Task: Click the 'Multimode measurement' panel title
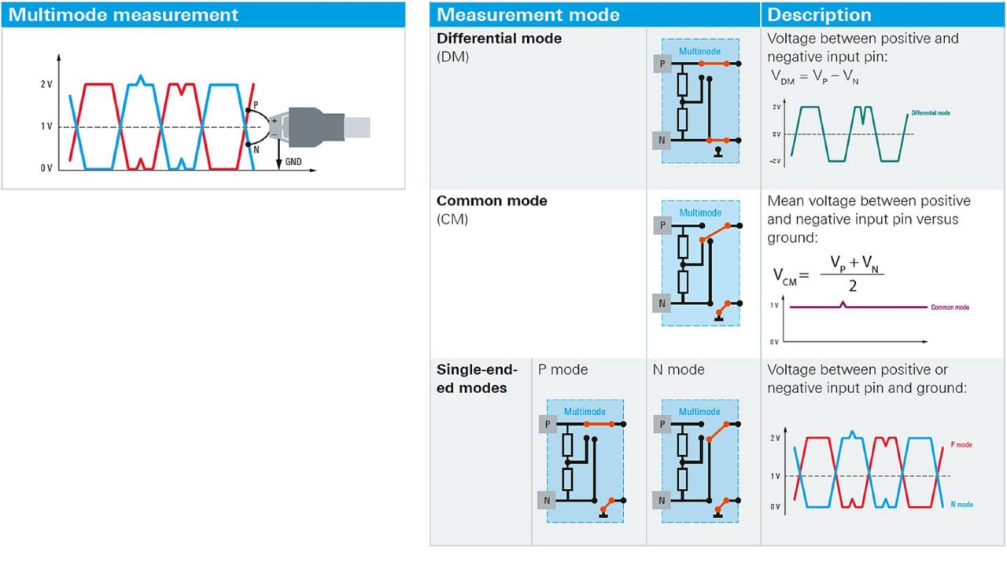click(x=123, y=15)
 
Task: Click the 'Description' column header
click(x=819, y=15)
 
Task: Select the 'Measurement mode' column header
click(x=528, y=15)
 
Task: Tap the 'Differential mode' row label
click(x=499, y=39)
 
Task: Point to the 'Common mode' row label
click(x=492, y=200)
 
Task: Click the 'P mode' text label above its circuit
click(x=563, y=369)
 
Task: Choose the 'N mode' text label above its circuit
click(x=678, y=369)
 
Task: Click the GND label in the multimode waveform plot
click(x=293, y=162)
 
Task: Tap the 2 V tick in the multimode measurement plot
click(x=46, y=84)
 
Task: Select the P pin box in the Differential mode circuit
click(x=662, y=64)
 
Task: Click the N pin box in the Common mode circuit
click(x=662, y=303)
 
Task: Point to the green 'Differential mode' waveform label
click(x=931, y=112)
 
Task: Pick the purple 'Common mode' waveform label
click(x=950, y=307)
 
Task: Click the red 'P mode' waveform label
click(x=961, y=445)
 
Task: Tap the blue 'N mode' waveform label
click(x=962, y=505)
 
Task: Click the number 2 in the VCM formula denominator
click(x=852, y=285)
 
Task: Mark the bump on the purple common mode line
click(x=843, y=304)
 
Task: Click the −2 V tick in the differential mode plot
click(x=775, y=161)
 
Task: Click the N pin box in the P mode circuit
click(x=547, y=501)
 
